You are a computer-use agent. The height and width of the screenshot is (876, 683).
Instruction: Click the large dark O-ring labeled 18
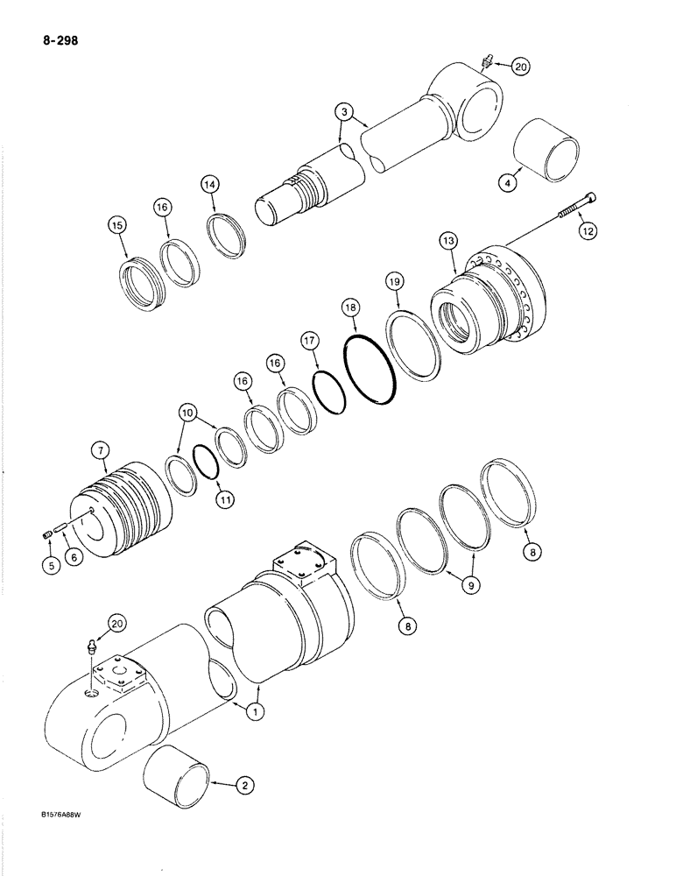372,371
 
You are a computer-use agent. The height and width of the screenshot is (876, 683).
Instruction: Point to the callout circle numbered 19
395,281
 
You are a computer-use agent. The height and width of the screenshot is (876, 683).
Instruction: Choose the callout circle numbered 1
254,713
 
